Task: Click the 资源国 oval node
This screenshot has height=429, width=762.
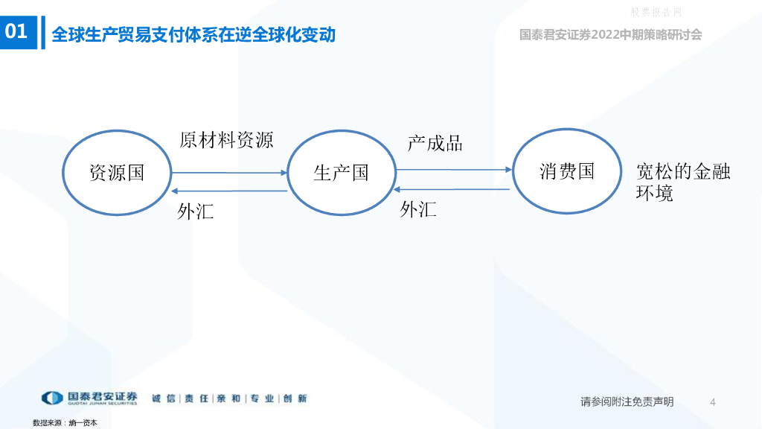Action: click(x=116, y=173)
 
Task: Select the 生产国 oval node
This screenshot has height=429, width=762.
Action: click(x=342, y=173)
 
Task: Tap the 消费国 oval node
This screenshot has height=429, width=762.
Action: click(x=567, y=171)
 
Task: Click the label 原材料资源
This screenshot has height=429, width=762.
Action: click(x=226, y=140)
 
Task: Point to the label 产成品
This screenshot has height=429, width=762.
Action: click(x=435, y=143)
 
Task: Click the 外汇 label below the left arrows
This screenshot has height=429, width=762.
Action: click(x=195, y=212)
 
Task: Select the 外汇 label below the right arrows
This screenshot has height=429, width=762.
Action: click(x=418, y=209)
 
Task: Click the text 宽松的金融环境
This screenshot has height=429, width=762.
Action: click(x=682, y=182)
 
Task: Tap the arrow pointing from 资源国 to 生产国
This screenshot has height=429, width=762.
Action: click(x=229, y=173)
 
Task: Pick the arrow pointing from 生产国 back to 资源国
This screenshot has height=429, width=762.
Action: click(x=229, y=191)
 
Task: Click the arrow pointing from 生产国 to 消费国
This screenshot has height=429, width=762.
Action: click(x=453, y=170)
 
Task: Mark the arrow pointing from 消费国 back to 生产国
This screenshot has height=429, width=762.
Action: click(x=453, y=189)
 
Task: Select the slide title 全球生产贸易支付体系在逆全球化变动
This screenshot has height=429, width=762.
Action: click(x=193, y=34)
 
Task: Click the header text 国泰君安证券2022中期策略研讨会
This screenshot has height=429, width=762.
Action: click(x=610, y=34)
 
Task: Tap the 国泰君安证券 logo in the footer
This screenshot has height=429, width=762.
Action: click(x=89, y=398)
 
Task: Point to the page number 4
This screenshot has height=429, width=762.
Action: click(x=713, y=402)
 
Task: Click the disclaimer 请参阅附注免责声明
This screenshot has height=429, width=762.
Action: click(x=627, y=402)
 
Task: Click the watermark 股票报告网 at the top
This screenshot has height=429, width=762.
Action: click(x=656, y=12)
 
